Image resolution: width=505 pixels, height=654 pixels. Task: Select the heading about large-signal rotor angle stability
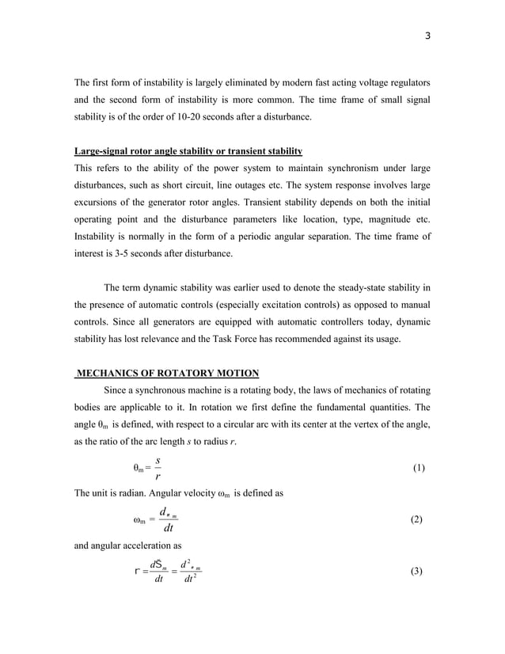[188, 150]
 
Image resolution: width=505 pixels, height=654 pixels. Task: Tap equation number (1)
[420, 468]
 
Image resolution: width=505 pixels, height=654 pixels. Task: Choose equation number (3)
[420, 571]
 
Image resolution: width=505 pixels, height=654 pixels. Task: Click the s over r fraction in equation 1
[158, 468]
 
